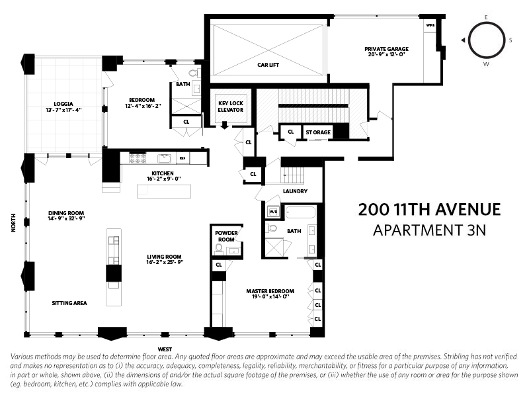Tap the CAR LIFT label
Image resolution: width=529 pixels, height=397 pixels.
269,65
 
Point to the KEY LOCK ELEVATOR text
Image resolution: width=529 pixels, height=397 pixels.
231,106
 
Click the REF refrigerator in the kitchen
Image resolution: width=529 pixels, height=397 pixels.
184,157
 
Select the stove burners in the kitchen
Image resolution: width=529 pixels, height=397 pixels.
137,158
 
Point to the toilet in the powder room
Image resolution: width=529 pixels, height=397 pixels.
219,248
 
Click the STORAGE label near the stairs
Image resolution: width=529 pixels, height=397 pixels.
317,132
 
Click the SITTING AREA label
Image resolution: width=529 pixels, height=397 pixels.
69,303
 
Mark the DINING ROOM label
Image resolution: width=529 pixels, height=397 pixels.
66,213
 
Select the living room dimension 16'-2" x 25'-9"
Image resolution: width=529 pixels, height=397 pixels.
165,262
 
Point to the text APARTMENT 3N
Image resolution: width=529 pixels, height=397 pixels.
429,230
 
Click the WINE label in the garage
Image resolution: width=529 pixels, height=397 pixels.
430,26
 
